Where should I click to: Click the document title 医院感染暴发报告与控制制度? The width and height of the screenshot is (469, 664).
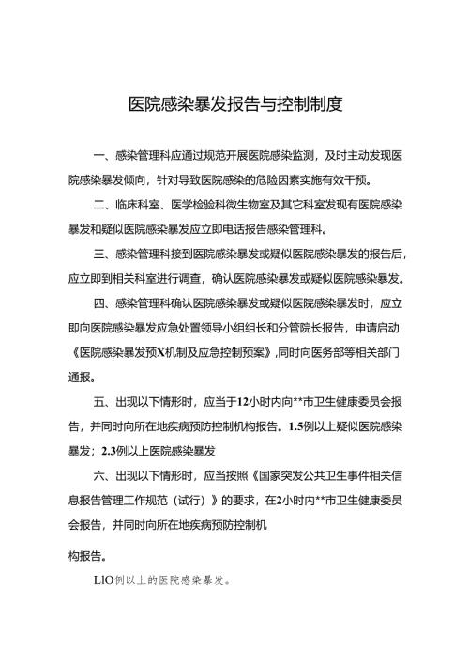pyautogui.click(x=234, y=102)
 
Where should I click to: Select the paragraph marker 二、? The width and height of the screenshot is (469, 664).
pyautogui.click(x=103, y=204)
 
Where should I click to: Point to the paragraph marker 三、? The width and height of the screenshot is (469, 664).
pyautogui.click(x=103, y=255)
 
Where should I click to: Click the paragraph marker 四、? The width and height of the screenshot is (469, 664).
pyautogui.click(x=103, y=304)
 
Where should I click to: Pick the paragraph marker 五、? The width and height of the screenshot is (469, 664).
pyautogui.click(x=103, y=401)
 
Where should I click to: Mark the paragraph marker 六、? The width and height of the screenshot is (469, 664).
pyautogui.click(x=103, y=475)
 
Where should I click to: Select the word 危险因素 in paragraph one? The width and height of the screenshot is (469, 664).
pyautogui.click(x=291, y=179)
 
